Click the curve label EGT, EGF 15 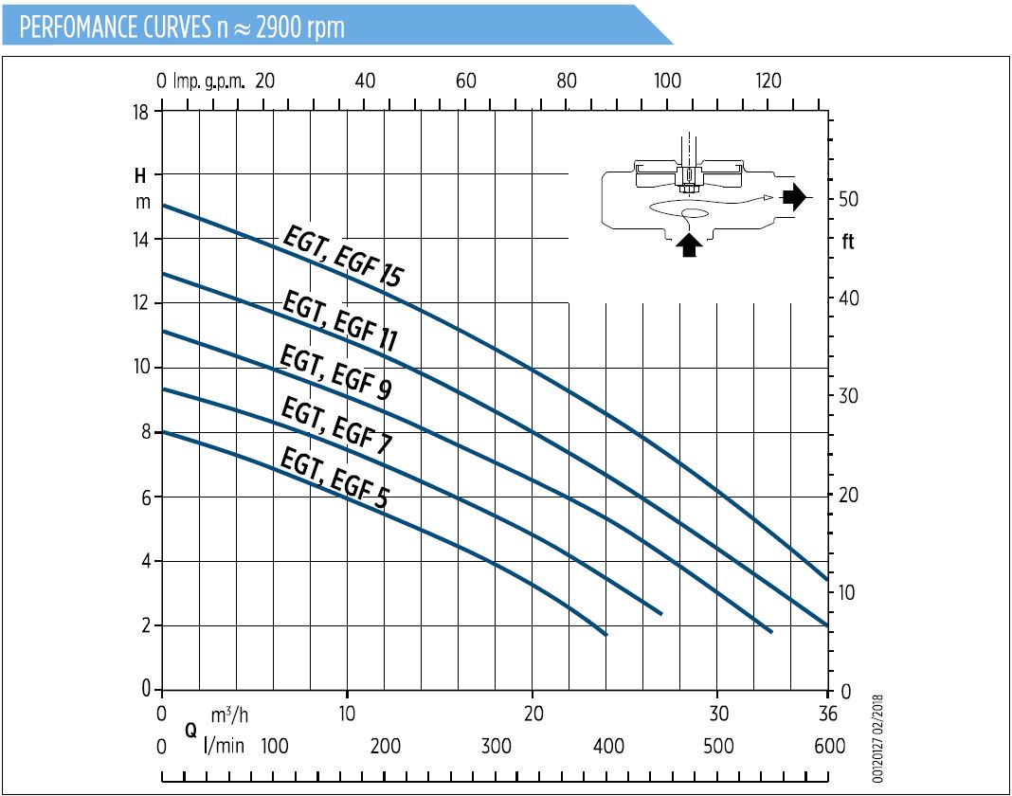point(343,257)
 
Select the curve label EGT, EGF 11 point(339,322)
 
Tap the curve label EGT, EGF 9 point(334,373)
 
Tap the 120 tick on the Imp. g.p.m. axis point(768,81)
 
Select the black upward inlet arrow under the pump point(691,244)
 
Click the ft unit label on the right point(847,242)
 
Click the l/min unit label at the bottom point(225,747)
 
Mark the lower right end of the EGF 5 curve point(605,633)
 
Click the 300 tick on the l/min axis point(496,747)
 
